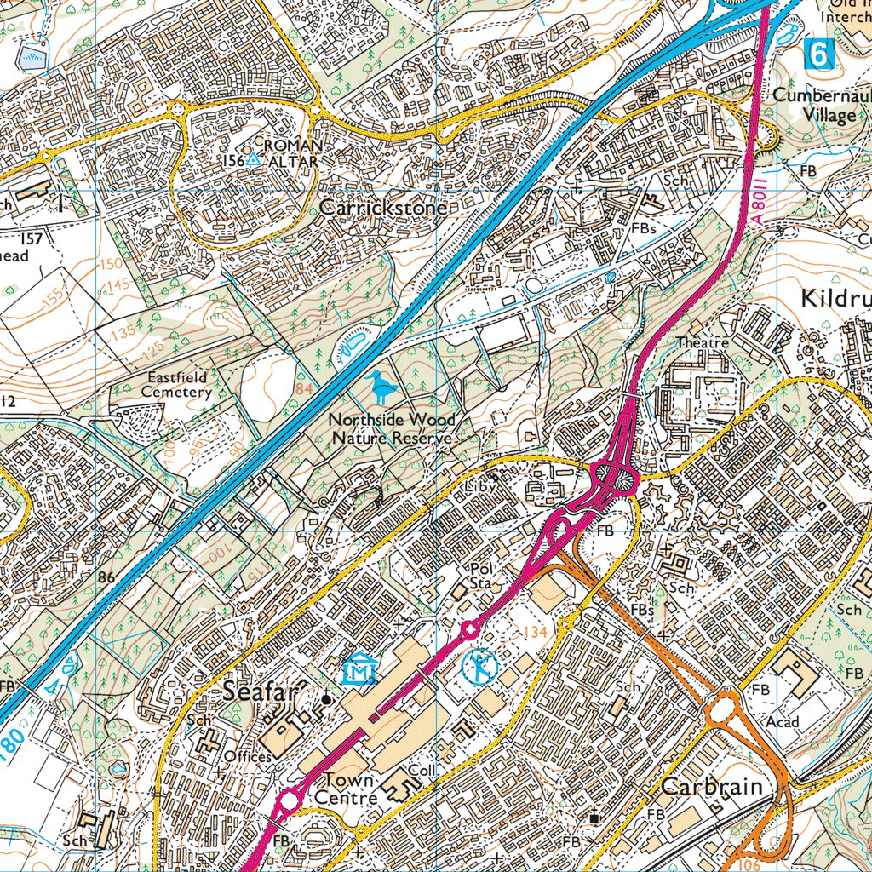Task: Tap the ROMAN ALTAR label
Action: click(290, 153)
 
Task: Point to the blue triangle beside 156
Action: click(253, 159)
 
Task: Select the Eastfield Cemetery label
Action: click(176, 384)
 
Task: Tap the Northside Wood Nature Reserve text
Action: click(392, 428)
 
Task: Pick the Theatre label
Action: click(703, 342)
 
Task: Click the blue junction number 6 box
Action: click(818, 54)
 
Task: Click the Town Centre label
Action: click(349, 789)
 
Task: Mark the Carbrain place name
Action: click(712, 785)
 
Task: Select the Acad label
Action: click(783, 721)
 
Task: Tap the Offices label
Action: click(248, 756)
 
